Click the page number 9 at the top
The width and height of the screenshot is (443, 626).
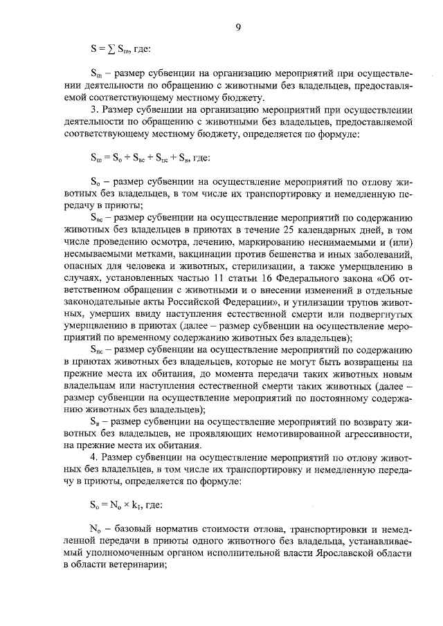click(x=237, y=27)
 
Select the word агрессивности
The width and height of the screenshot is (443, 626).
click(x=367, y=433)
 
